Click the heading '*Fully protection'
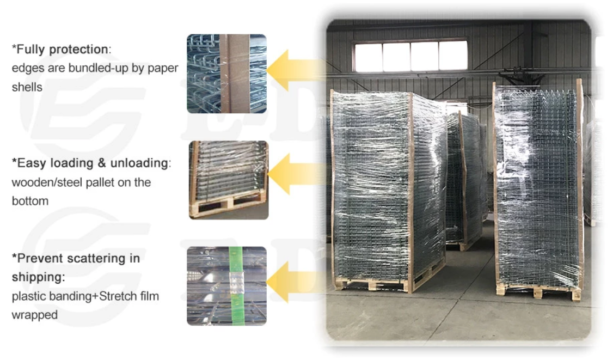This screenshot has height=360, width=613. (60, 50)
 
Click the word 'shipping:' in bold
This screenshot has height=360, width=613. (38, 277)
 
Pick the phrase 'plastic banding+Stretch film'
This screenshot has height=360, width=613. (85, 296)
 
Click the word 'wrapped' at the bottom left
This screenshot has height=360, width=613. (34, 315)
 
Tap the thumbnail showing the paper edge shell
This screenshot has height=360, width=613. (226, 74)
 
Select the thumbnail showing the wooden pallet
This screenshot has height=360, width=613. (228, 180)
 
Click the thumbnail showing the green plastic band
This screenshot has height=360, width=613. (226, 286)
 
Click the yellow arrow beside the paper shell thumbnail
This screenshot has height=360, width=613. (294, 70)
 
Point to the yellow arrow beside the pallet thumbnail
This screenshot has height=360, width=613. (294, 174)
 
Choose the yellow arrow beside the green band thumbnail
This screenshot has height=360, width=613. (294, 281)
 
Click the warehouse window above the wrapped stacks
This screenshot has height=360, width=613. (410, 56)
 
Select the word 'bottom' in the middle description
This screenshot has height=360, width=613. (30, 201)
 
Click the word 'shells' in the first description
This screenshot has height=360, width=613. (27, 87)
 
